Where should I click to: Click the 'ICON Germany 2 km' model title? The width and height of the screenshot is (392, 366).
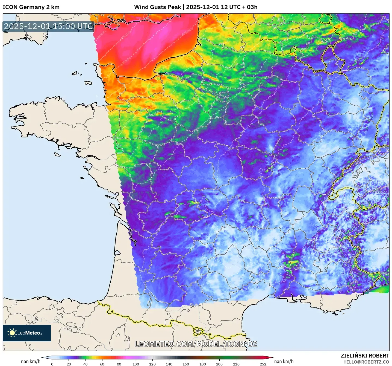coord(31,7)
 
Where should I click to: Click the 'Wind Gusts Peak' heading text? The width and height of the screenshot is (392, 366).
coord(157,7)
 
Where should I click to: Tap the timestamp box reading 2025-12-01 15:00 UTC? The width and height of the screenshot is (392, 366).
coord(49,27)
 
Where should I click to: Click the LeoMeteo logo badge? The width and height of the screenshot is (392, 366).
coord(27,333)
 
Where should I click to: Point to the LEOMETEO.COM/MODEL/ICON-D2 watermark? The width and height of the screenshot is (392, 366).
coord(196,344)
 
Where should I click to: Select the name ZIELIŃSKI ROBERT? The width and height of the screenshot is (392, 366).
coord(365,356)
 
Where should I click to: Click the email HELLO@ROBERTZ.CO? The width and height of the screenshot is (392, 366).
coord(366,362)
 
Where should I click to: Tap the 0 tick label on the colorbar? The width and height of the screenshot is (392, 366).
coord(52,364)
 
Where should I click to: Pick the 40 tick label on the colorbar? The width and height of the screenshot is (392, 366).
coord(86,364)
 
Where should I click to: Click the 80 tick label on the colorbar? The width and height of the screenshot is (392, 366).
coord(119,364)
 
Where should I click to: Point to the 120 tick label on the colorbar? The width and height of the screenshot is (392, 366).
coord(152,364)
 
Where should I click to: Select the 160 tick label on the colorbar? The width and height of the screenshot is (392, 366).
coord(186,364)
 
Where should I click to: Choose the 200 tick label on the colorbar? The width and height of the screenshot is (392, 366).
coord(219,364)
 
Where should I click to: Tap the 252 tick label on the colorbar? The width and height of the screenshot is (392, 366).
coord(263,364)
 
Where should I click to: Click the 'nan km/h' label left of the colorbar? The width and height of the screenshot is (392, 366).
coord(31,361)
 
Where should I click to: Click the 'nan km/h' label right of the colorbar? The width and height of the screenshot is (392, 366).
coord(284,361)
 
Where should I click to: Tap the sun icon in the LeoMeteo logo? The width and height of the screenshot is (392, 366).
coord(12,333)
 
